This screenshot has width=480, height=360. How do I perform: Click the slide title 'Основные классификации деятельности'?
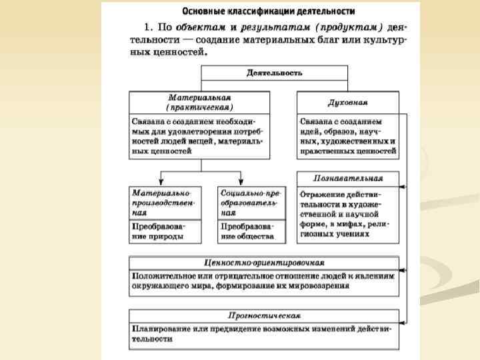coord(269,11)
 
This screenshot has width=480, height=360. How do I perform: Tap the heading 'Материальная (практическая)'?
coord(199,102)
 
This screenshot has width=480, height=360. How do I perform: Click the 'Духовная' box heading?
coord(347,103)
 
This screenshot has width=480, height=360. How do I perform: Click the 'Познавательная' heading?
coord(348,178)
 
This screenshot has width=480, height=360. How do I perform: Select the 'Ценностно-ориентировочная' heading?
coord(264,263)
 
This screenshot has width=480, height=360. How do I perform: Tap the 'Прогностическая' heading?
coord(264,315)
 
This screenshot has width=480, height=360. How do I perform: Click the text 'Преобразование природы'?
coord(158,231)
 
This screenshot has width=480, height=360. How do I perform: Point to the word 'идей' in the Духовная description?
coord(311,132)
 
